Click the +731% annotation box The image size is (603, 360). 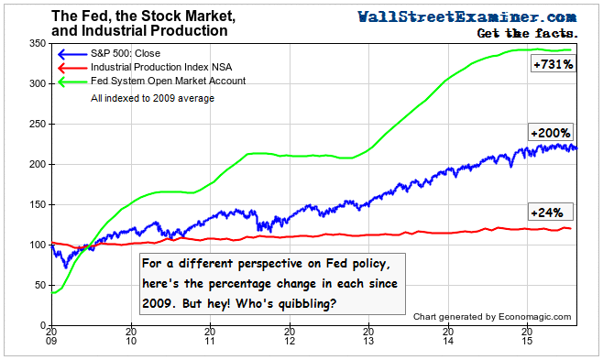pyautogui.click(x=552, y=65)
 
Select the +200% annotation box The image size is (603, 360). pyautogui.click(x=551, y=134)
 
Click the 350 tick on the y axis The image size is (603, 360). pyautogui.click(x=38, y=43)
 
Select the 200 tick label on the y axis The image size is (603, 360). pyautogui.click(x=38, y=164)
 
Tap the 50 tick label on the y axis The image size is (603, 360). pyautogui.click(x=40, y=285)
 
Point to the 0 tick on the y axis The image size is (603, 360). pyautogui.click(x=43, y=325)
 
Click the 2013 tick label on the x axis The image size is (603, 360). pyautogui.click(x=368, y=340)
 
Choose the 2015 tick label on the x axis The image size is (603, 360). pyautogui.click(x=526, y=340)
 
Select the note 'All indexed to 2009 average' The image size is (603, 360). pyautogui.click(x=152, y=98)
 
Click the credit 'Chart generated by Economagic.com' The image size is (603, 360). pyautogui.click(x=491, y=317)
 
